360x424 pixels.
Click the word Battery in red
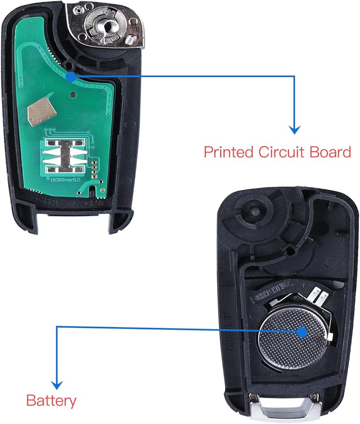coord(51,400)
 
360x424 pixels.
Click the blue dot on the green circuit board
coord(71,76)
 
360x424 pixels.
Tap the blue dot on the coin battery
coord(302,332)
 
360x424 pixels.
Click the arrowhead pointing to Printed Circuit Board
coord(294,129)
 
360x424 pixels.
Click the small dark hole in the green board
coord(74,95)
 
